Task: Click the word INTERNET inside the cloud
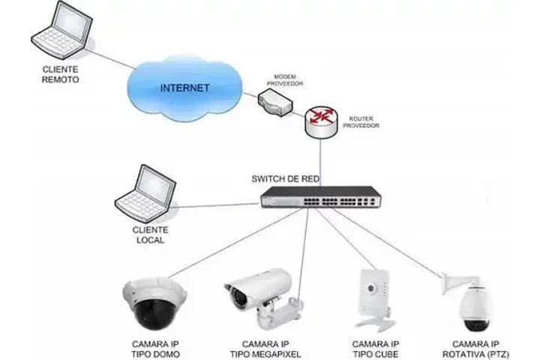tap(184, 88)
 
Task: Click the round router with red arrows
tap(321, 120)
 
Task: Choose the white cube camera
tap(373, 297)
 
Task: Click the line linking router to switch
tap(321, 161)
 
